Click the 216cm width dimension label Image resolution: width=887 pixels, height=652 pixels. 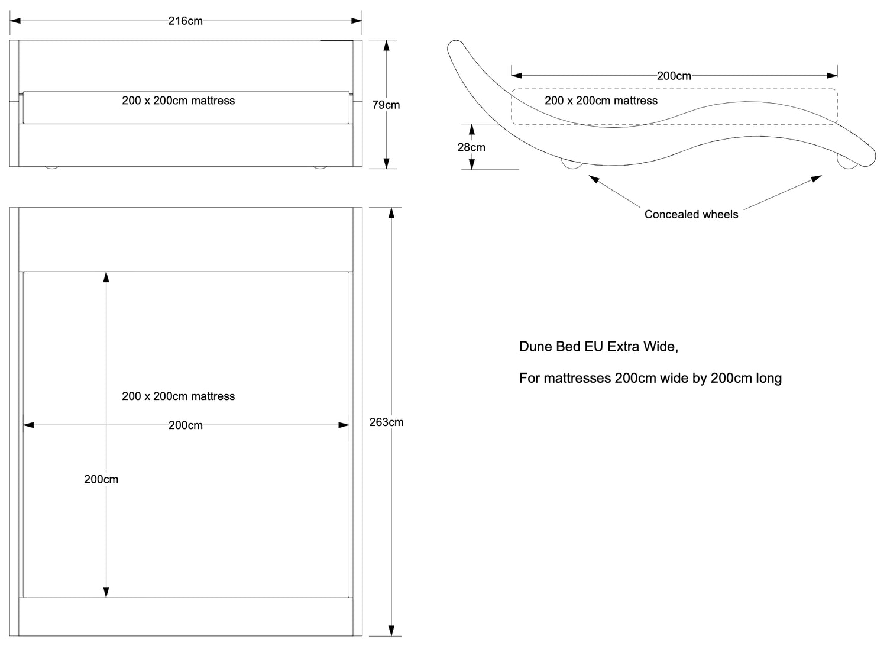pyautogui.click(x=185, y=21)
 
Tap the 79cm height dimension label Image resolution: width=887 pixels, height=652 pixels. pyautogui.click(x=386, y=105)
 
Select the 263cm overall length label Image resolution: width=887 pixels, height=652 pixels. pyautogui.click(x=387, y=422)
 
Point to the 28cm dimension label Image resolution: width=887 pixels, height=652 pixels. pyautogui.click(x=471, y=147)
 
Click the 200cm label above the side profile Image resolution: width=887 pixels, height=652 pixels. pyautogui.click(x=674, y=76)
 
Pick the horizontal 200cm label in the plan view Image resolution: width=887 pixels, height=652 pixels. pyautogui.click(x=185, y=425)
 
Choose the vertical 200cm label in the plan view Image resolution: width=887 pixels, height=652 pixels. pyautogui.click(x=101, y=479)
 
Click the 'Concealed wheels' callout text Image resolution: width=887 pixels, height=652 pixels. pyautogui.click(x=691, y=214)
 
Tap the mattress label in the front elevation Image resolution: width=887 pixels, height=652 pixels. pyautogui.click(x=178, y=101)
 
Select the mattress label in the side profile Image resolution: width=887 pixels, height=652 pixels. pyautogui.click(x=601, y=101)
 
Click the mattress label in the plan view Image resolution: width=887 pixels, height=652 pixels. pyautogui.click(x=178, y=396)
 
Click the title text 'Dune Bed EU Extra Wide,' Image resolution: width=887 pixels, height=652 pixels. pyautogui.click(x=598, y=347)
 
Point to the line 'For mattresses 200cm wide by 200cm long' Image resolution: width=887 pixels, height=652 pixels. pyautogui.click(x=650, y=378)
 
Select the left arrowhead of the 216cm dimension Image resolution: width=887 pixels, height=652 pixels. pyautogui.click(x=15, y=21)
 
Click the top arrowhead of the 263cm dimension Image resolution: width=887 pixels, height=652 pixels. pyautogui.click(x=391, y=213)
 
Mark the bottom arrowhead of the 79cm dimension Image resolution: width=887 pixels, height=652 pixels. pyautogui.click(x=387, y=164)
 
